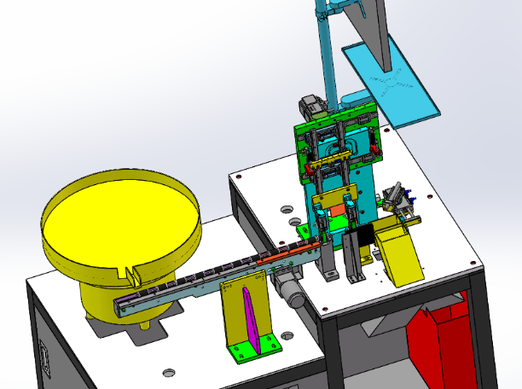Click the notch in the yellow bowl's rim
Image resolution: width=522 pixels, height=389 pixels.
(132, 274)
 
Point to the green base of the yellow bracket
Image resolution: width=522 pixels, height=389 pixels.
(254, 350)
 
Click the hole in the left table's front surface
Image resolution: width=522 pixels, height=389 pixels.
(169, 372)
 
